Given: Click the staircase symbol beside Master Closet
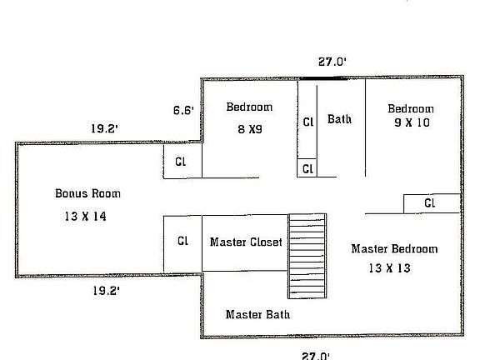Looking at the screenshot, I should pyautogui.click(x=307, y=256).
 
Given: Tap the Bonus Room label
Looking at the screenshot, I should pyautogui.click(x=87, y=193).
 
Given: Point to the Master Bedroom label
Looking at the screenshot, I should pyautogui.click(x=394, y=248).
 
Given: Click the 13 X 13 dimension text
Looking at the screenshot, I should pyautogui.click(x=388, y=268).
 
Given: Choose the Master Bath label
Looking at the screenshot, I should pyautogui.click(x=257, y=314).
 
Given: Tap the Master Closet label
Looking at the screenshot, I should pyautogui.click(x=246, y=242).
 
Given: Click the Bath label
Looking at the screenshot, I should pyautogui.click(x=339, y=119).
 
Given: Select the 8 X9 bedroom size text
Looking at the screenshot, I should pyautogui.click(x=249, y=129).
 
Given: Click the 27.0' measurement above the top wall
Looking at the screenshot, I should pyautogui.click(x=332, y=62).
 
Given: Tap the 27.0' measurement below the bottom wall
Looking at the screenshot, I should pyautogui.click(x=317, y=354).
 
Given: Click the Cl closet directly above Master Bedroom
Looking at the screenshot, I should pyautogui.click(x=431, y=202).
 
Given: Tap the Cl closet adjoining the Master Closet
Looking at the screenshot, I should pyautogui.click(x=182, y=242).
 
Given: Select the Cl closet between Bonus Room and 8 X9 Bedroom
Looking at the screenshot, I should pyautogui.click(x=182, y=162).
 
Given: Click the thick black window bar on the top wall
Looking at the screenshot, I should pyautogui.click(x=325, y=79).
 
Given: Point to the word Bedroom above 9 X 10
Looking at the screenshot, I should pyautogui.click(x=411, y=109).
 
